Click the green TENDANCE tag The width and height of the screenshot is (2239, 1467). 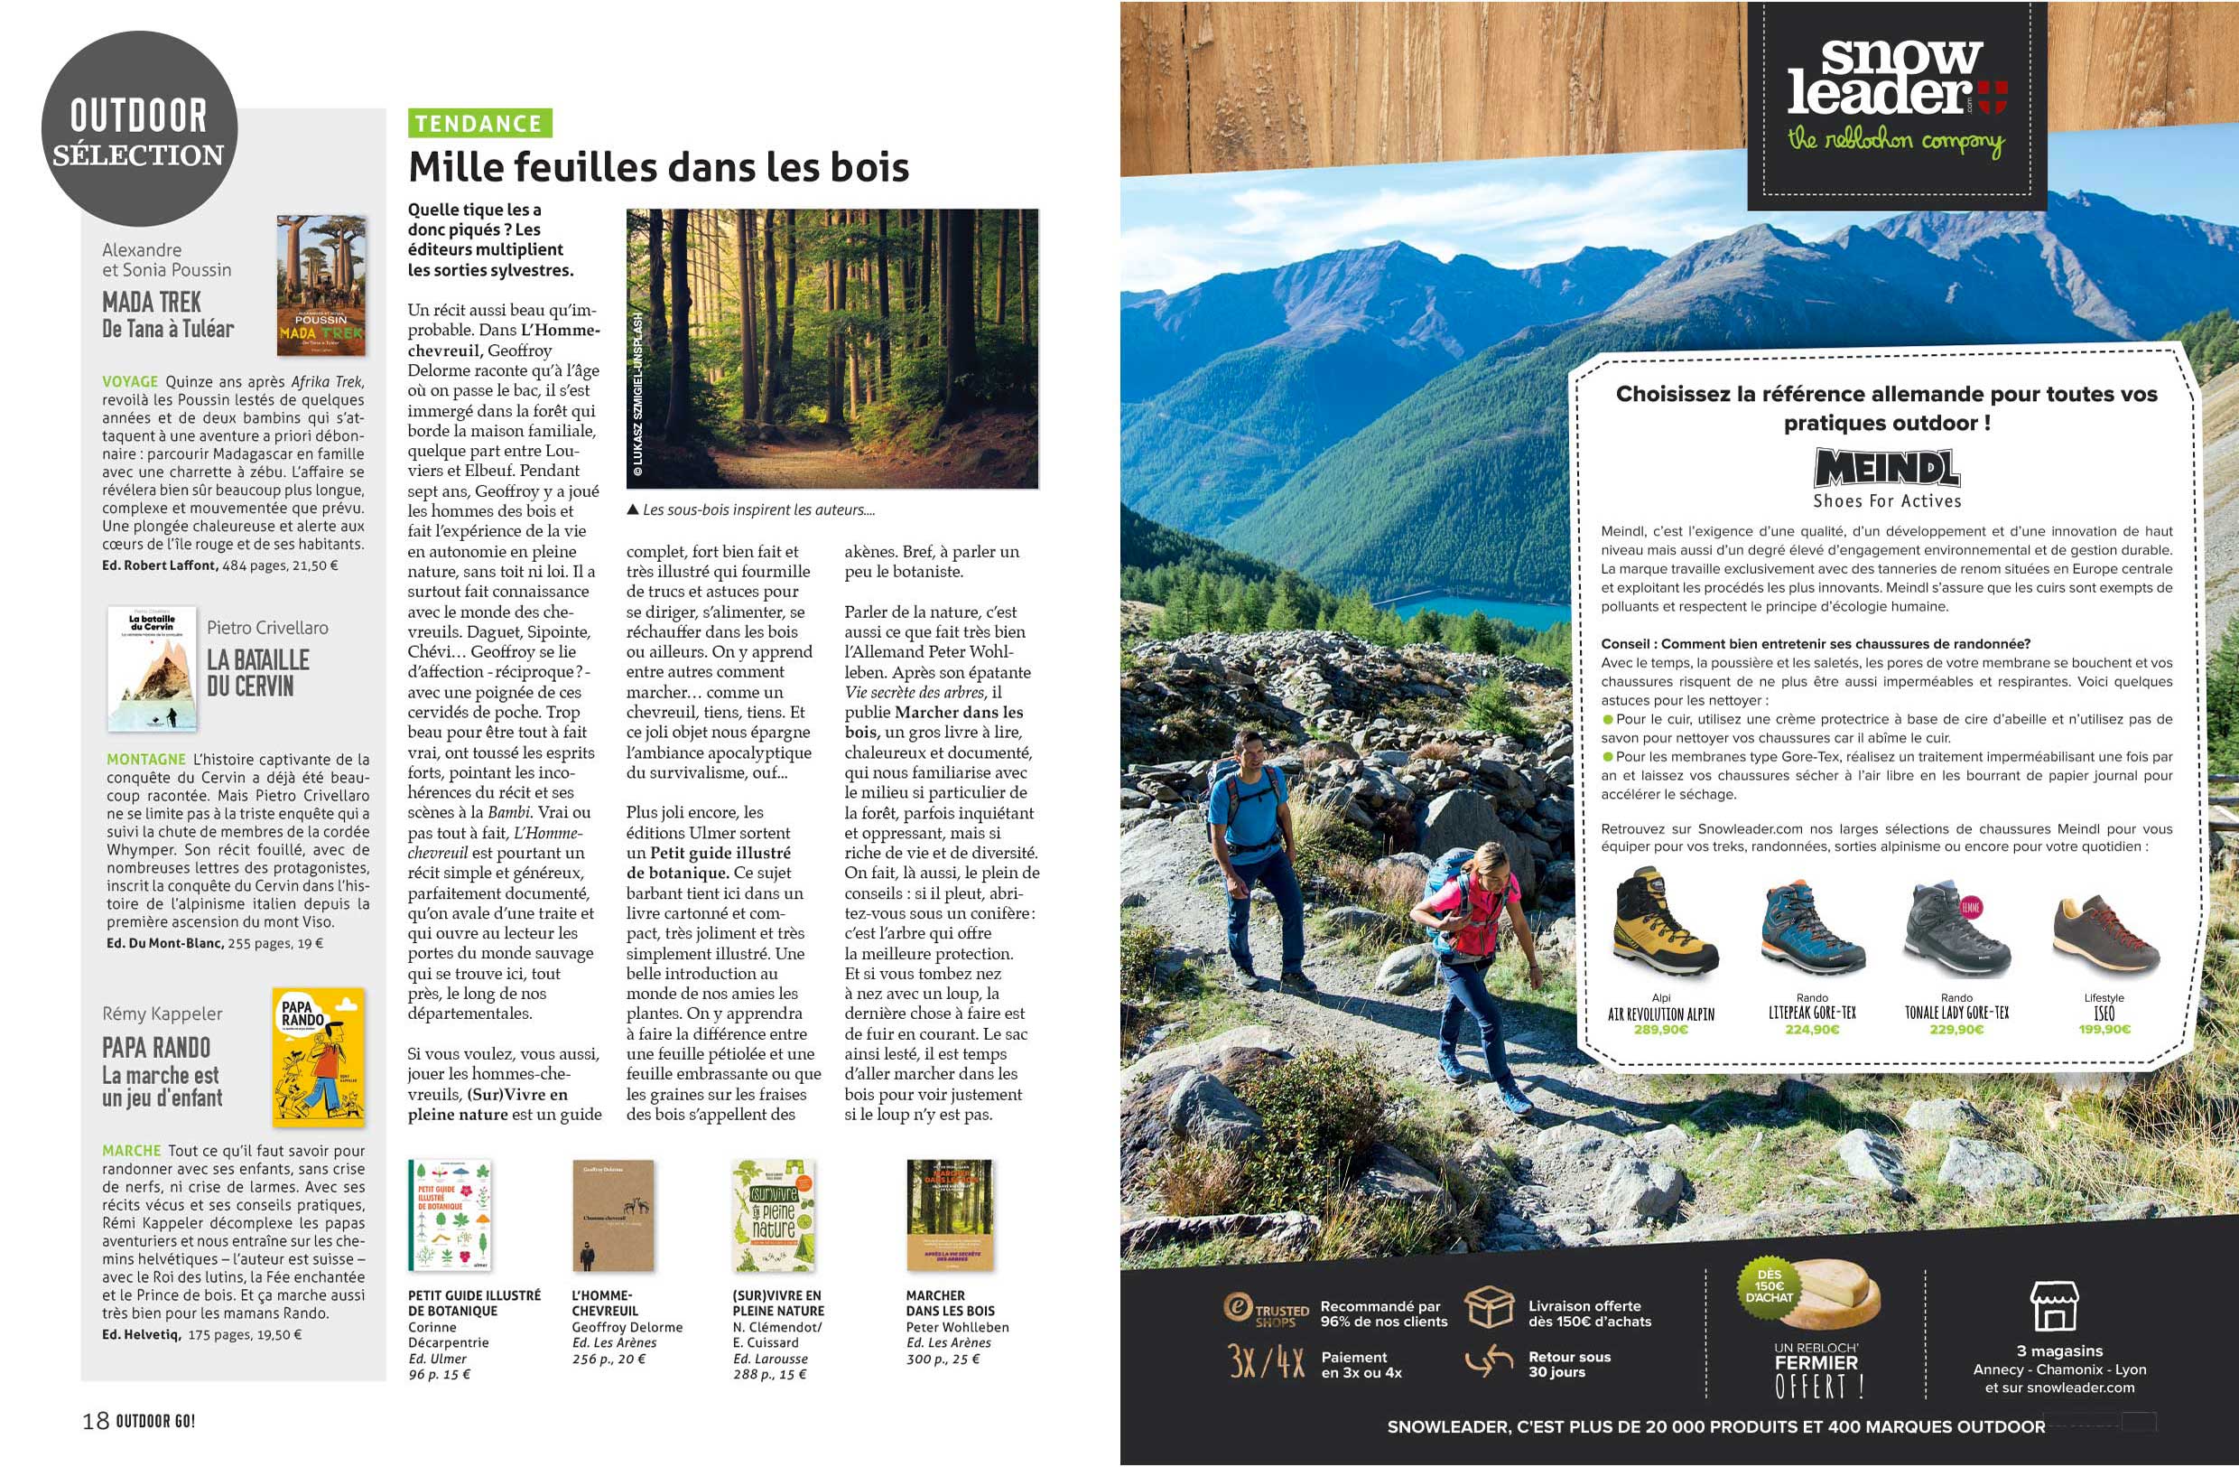(x=478, y=123)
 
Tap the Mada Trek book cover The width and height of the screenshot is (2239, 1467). (x=321, y=285)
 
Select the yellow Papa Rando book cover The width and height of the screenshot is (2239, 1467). (x=318, y=1057)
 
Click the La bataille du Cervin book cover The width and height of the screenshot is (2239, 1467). (x=153, y=669)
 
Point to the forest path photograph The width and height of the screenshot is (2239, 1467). (x=831, y=348)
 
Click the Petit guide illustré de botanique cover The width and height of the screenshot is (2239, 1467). (x=450, y=1215)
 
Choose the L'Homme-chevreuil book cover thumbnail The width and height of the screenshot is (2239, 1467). (x=612, y=1215)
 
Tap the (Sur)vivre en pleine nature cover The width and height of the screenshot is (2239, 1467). (x=774, y=1215)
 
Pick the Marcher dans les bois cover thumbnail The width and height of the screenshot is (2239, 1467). (x=949, y=1215)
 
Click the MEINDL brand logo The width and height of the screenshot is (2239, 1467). (x=1887, y=469)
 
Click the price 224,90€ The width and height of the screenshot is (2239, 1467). (x=1812, y=1030)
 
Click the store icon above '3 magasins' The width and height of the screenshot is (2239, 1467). (x=2054, y=1305)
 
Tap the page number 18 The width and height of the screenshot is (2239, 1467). (x=96, y=1421)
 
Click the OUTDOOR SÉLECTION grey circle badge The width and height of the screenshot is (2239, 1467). (x=139, y=129)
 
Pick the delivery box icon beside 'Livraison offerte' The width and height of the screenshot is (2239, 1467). (x=1490, y=1307)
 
